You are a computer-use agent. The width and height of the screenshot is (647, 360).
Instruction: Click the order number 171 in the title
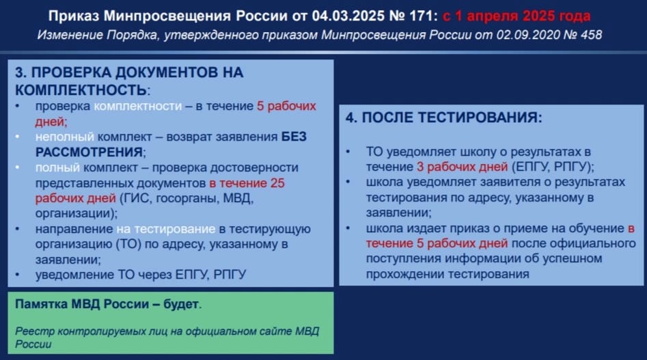click(420, 16)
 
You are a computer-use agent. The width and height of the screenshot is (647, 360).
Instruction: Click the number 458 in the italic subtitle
click(591, 35)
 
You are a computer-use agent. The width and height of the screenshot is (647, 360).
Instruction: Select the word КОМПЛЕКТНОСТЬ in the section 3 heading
click(81, 90)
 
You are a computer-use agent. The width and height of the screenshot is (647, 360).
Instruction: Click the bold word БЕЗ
click(294, 137)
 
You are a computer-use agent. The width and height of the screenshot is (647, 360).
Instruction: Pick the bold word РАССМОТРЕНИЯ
click(89, 152)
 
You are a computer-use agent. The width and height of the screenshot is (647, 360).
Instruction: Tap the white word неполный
click(65, 137)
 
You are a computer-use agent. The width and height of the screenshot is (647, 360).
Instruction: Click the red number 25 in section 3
click(277, 182)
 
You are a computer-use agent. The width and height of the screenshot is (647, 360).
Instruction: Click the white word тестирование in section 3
click(175, 229)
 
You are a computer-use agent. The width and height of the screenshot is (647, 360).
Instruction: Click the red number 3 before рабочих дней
click(420, 167)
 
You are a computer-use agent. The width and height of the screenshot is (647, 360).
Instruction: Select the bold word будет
click(181, 304)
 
